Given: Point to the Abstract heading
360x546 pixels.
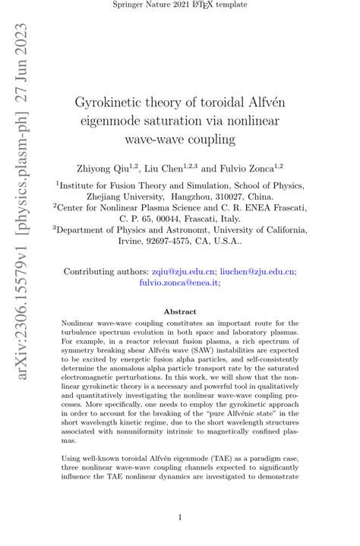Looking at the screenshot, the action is click(180, 311).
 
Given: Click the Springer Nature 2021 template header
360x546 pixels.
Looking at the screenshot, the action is click(180, 5).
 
